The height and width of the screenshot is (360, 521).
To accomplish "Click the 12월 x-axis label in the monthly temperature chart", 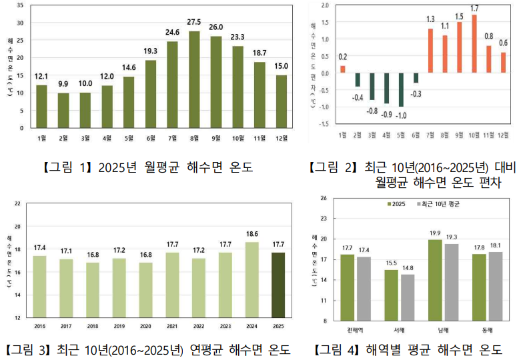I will (282, 138).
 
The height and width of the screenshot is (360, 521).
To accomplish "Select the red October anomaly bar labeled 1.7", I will (474, 43).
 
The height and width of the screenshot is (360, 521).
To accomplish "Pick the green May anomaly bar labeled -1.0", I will (402, 89).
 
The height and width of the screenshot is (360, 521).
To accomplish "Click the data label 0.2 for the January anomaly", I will (342, 57).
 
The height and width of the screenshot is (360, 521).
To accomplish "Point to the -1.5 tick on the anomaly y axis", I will (324, 123).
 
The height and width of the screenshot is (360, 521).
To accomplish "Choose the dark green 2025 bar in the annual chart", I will (278, 285).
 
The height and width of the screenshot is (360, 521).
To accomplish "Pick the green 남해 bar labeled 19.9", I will (434, 280).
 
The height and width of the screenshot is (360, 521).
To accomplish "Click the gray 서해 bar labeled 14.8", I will (407, 297).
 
